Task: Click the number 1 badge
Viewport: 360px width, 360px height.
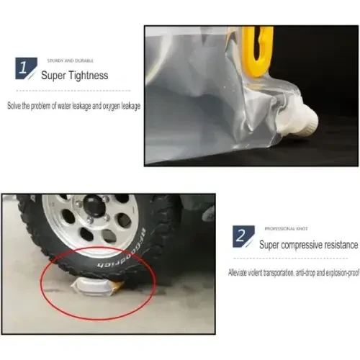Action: (x=26, y=68)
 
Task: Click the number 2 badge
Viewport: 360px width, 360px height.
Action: (x=241, y=235)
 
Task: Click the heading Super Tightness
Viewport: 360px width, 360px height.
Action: (x=74, y=75)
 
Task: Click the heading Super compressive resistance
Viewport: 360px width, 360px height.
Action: (x=309, y=245)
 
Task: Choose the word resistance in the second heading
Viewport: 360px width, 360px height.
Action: (x=337, y=245)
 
